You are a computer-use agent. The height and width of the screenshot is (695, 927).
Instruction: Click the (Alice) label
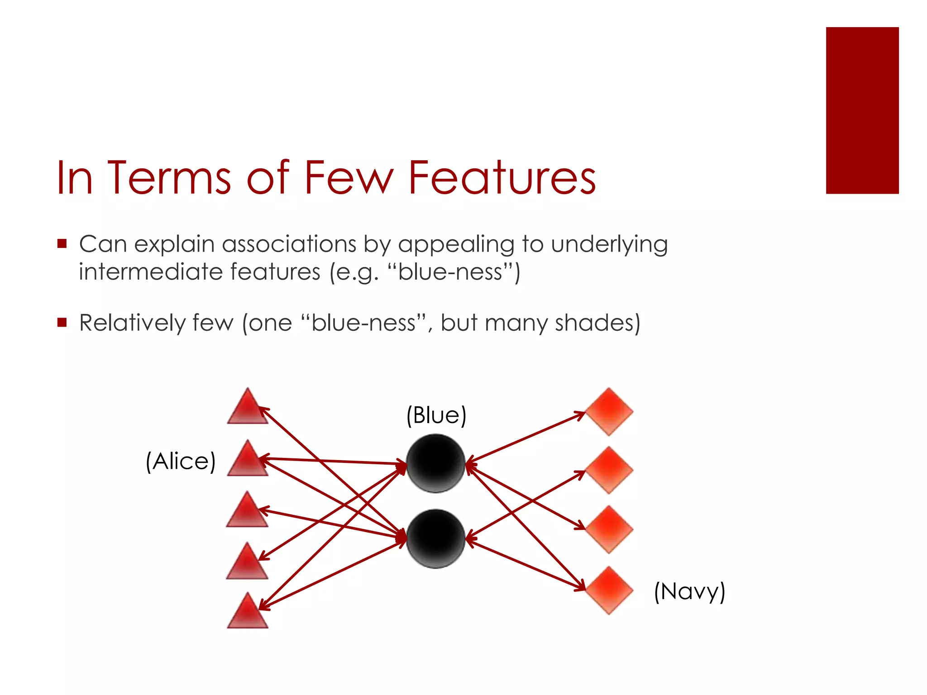click(x=181, y=462)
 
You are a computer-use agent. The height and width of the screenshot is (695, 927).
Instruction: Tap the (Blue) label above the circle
click(x=436, y=415)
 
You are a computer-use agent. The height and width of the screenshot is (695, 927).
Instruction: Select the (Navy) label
click(x=689, y=591)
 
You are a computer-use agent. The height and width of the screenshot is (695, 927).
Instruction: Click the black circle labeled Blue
click(x=436, y=463)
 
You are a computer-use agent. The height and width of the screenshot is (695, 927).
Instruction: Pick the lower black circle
click(x=436, y=538)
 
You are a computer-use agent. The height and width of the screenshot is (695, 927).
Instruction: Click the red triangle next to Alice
click(x=248, y=460)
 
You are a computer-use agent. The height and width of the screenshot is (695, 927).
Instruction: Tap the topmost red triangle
click(x=248, y=408)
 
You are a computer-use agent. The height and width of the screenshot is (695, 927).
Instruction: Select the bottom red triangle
click(x=248, y=613)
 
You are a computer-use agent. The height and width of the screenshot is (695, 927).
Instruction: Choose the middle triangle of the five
click(x=248, y=512)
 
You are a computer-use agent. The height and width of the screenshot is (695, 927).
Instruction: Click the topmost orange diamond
click(x=609, y=411)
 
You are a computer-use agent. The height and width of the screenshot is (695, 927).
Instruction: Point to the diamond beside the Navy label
click(x=609, y=590)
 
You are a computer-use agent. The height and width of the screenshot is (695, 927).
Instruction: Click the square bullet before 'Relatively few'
click(x=62, y=322)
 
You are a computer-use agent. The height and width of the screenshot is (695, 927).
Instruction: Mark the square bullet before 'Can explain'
click(x=62, y=244)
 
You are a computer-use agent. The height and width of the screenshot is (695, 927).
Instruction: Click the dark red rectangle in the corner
click(x=862, y=110)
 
